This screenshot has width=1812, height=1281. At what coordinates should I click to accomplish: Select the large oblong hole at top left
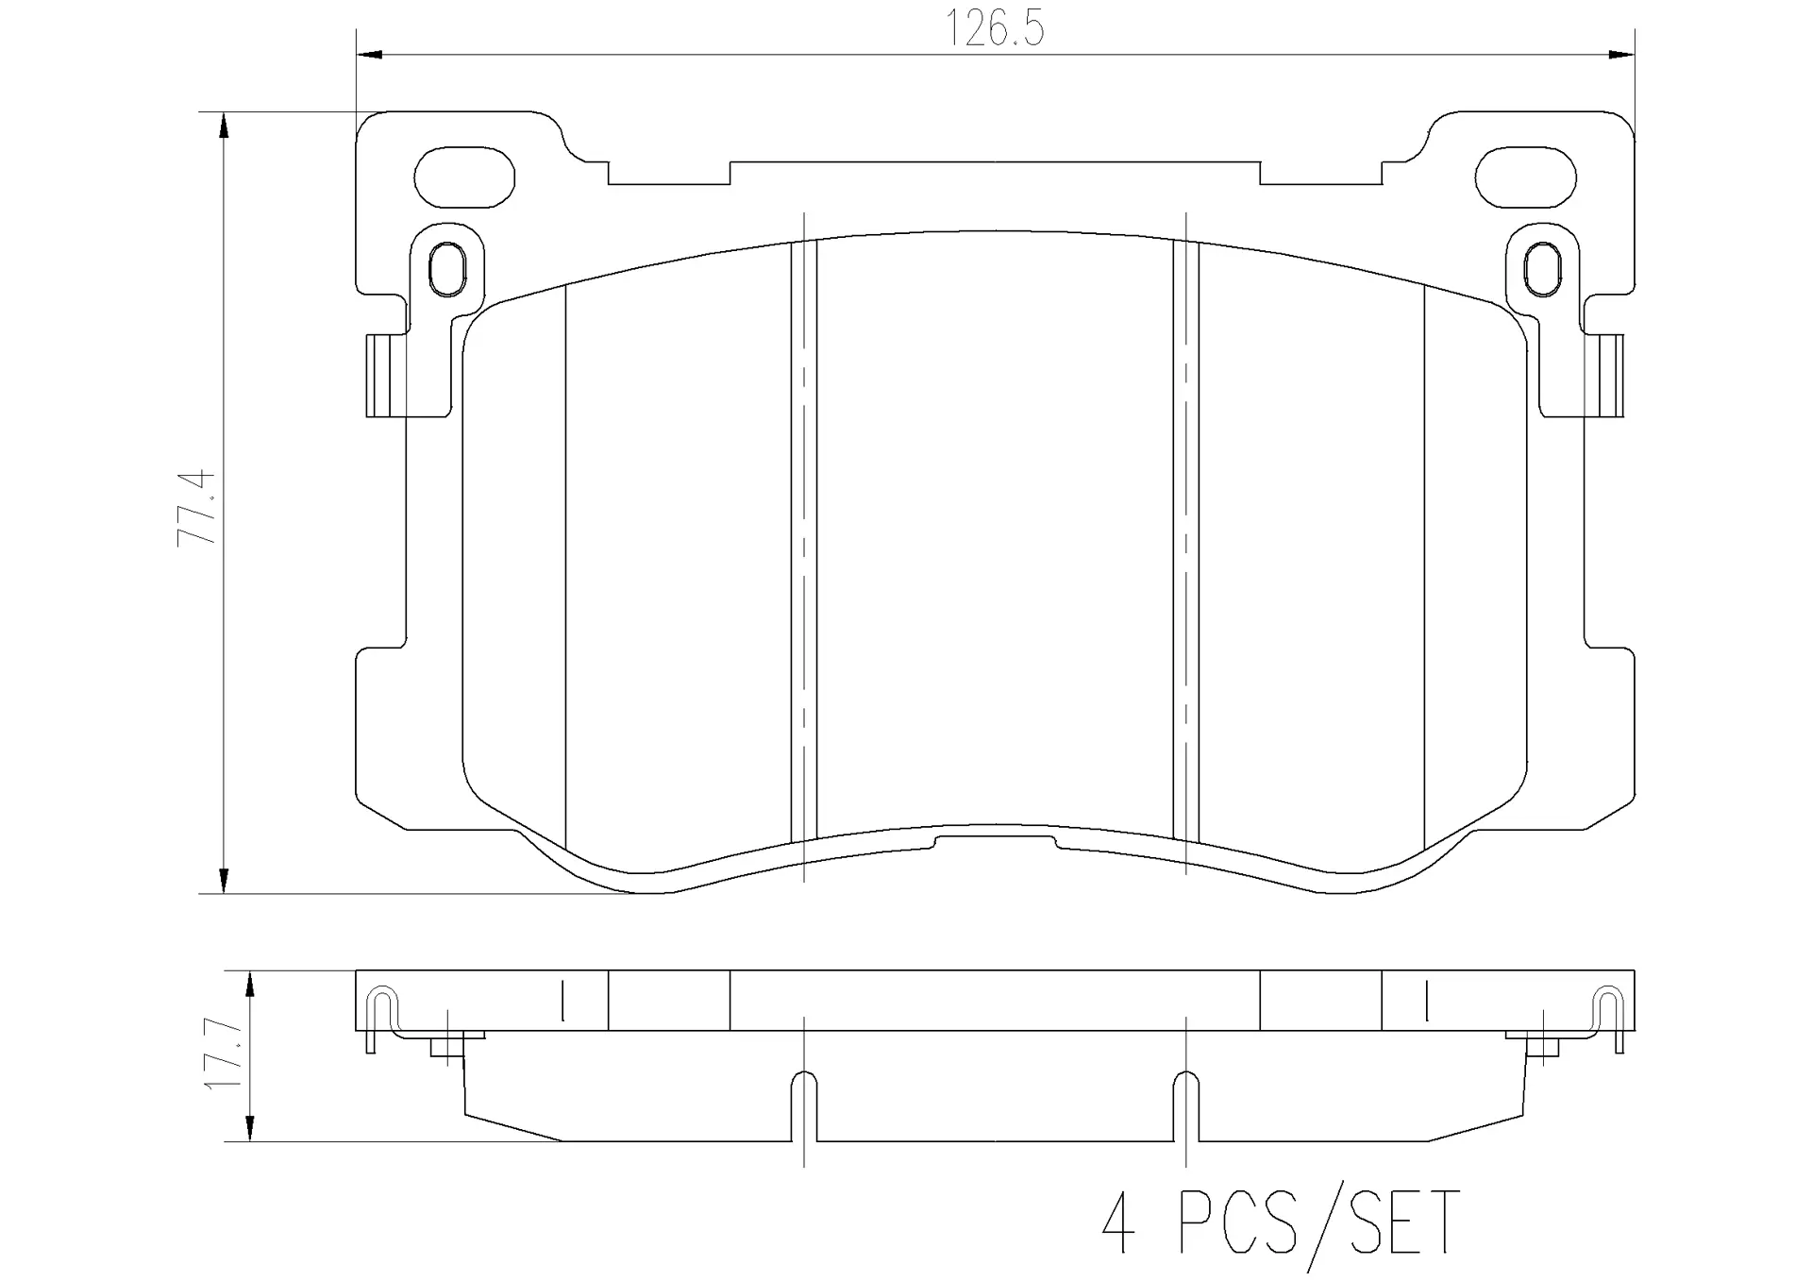click(x=464, y=177)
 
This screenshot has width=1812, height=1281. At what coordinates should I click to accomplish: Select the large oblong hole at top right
click(x=1525, y=177)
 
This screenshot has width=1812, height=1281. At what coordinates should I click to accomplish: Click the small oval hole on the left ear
click(x=446, y=268)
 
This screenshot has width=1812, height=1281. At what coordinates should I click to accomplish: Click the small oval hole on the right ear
click(x=1541, y=268)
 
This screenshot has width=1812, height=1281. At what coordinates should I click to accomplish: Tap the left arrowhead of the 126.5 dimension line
click(x=369, y=55)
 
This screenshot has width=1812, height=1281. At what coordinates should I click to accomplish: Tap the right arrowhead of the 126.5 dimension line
click(x=1621, y=55)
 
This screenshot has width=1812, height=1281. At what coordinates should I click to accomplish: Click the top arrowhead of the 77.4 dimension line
click(x=223, y=126)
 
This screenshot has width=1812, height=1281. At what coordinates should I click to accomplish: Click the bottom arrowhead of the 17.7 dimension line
click(x=249, y=1129)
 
